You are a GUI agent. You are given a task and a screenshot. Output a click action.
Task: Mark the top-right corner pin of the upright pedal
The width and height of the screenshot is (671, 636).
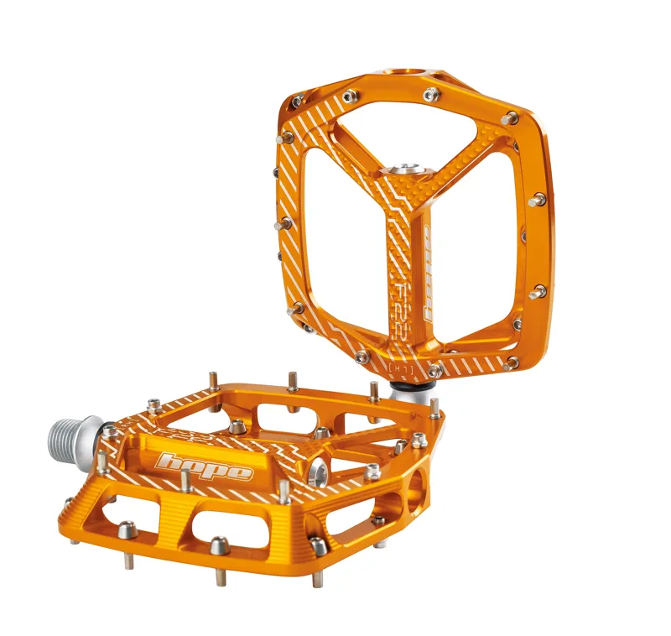point(509,117)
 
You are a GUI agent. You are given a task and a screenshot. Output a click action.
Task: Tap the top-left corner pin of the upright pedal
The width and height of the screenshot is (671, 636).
point(297,102)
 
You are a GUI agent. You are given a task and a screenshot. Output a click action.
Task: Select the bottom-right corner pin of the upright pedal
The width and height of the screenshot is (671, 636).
point(511,362)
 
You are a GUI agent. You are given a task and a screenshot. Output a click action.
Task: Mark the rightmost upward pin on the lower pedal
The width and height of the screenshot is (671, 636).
point(434,409)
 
